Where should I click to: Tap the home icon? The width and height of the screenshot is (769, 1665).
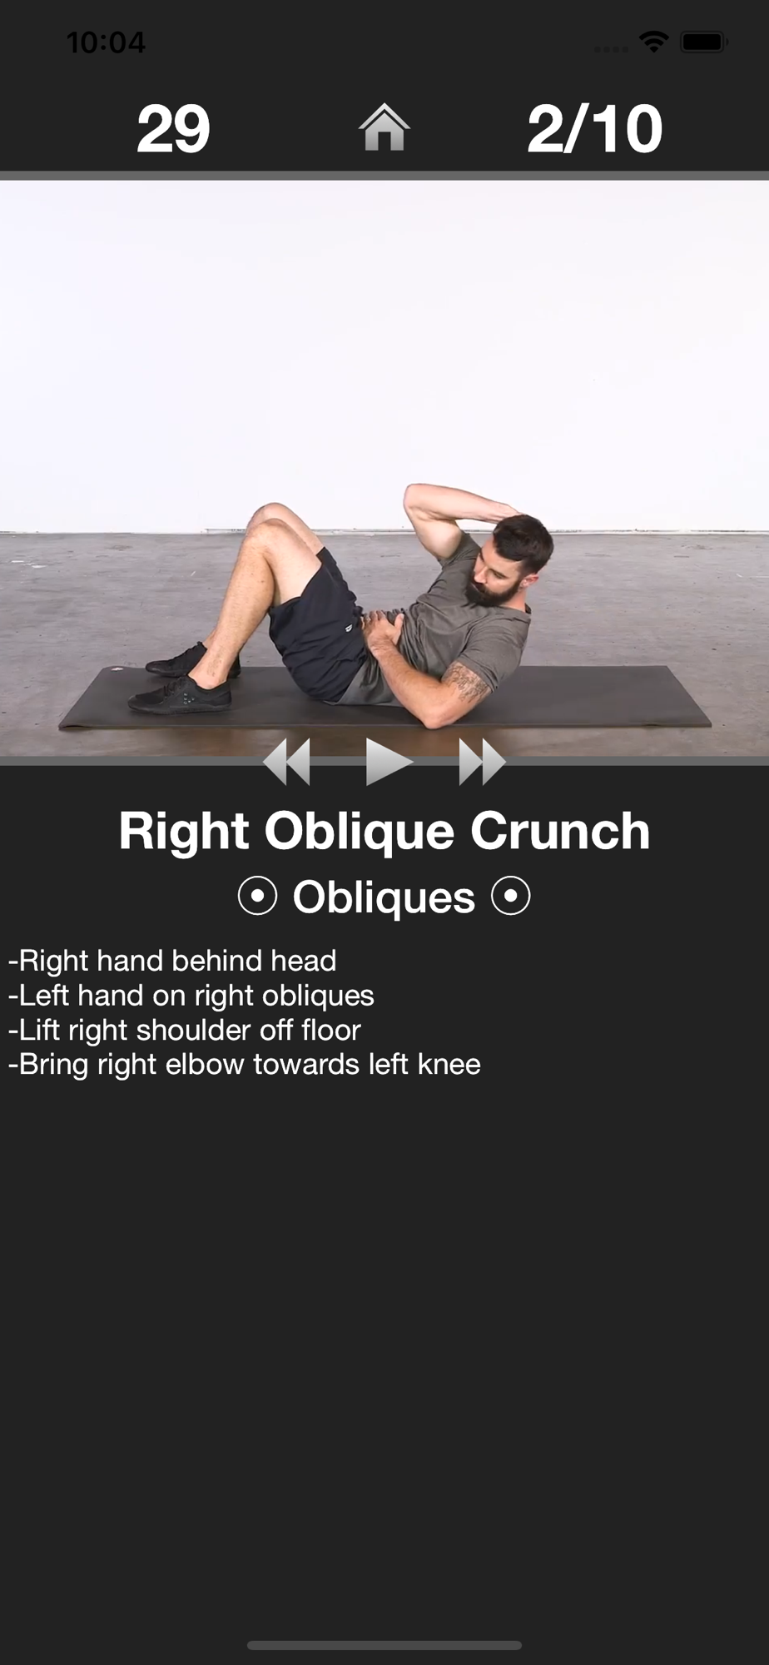pos(384,127)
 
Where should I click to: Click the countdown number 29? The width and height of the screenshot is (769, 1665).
pos(173,129)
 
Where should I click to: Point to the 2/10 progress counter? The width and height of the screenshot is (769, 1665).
pos(595,129)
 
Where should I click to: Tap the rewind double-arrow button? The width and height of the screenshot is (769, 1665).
pos(287,761)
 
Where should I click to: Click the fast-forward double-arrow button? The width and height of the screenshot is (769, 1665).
pos(482,761)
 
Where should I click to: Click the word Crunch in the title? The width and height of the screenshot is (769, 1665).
pos(560,831)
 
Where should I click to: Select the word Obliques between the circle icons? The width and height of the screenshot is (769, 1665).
pos(384,897)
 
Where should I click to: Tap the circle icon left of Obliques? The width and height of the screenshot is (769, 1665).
pos(257,897)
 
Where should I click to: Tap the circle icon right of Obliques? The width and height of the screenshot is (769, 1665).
pos(511,897)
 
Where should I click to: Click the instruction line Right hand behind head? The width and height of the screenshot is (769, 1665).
pos(172,961)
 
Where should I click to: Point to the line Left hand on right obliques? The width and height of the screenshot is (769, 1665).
pos(191,996)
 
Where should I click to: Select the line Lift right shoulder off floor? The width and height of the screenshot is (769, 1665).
pos(185,1030)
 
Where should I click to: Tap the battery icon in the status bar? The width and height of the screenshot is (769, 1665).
pos(704,42)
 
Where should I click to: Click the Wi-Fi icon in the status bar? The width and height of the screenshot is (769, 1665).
pos(654,42)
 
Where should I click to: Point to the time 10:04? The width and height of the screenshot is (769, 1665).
pos(106,42)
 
